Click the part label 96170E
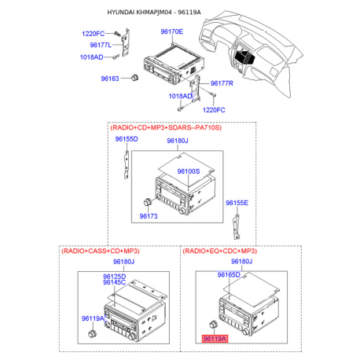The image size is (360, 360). [171, 32]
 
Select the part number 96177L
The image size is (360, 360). [94, 46]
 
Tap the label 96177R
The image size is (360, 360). [222, 83]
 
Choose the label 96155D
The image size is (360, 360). [127, 139]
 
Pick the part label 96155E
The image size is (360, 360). [237, 203]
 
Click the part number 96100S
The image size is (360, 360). [188, 171]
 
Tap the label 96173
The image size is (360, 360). [149, 215]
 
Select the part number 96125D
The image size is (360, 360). [114, 277]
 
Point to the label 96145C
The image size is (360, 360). [114, 284]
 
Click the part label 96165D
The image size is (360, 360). [228, 276]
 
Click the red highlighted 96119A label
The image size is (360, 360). [214, 339]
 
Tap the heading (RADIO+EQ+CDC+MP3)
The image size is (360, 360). [220, 250]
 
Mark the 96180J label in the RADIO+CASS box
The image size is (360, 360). [124, 261]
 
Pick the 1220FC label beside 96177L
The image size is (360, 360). [94, 35]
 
